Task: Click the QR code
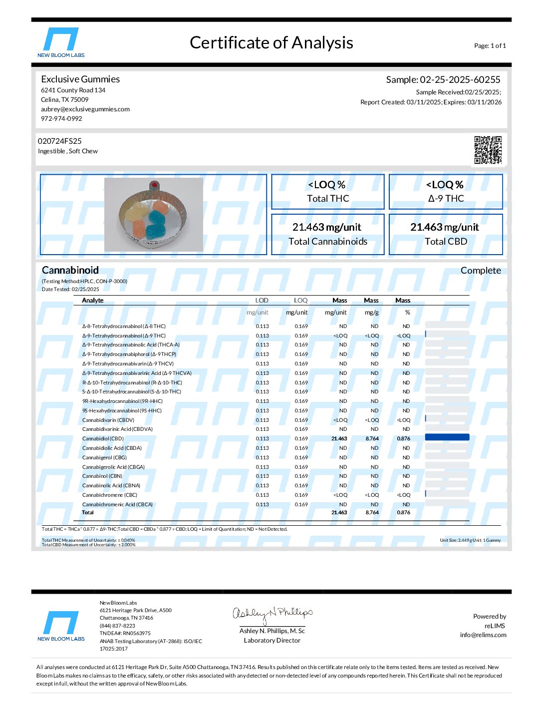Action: [x=488, y=149]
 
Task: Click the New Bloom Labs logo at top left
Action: [x=61, y=42]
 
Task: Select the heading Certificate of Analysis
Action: [x=271, y=43]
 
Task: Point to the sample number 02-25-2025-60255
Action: [x=460, y=79]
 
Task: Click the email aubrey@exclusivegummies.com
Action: [x=85, y=109]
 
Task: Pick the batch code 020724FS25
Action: [x=60, y=141]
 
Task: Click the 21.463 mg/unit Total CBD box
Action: [x=445, y=234]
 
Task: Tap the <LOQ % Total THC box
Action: [x=327, y=191]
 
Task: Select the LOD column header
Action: [x=262, y=301]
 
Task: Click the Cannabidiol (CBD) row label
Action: [x=103, y=439]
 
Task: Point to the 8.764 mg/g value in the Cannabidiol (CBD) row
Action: [x=372, y=439]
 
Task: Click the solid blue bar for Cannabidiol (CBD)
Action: [x=447, y=437]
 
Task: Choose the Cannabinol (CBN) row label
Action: [x=102, y=476]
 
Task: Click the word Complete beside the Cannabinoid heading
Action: [x=480, y=271]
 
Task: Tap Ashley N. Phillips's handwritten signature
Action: [x=272, y=614]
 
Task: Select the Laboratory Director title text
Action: [x=272, y=641]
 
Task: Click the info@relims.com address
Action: [x=483, y=635]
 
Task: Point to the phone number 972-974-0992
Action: [x=61, y=118]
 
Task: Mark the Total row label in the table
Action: [x=88, y=513]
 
